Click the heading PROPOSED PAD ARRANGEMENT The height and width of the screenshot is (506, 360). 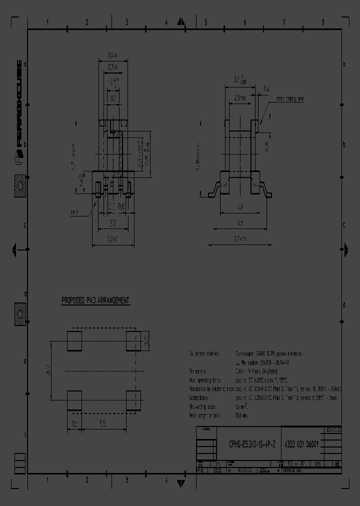point(95,300)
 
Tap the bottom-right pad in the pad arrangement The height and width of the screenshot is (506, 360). point(133,400)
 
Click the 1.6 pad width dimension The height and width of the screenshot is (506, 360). point(74,422)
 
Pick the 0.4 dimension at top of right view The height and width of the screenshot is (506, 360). point(266,89)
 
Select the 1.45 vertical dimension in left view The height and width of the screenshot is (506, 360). point(81,185)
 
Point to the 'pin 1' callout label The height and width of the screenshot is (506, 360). point(74,212)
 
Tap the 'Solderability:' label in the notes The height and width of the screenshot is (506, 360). point(200,397)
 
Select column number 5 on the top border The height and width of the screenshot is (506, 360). point(205,22)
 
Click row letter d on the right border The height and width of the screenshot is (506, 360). point(344,305)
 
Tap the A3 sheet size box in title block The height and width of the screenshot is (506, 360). point(337,464)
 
